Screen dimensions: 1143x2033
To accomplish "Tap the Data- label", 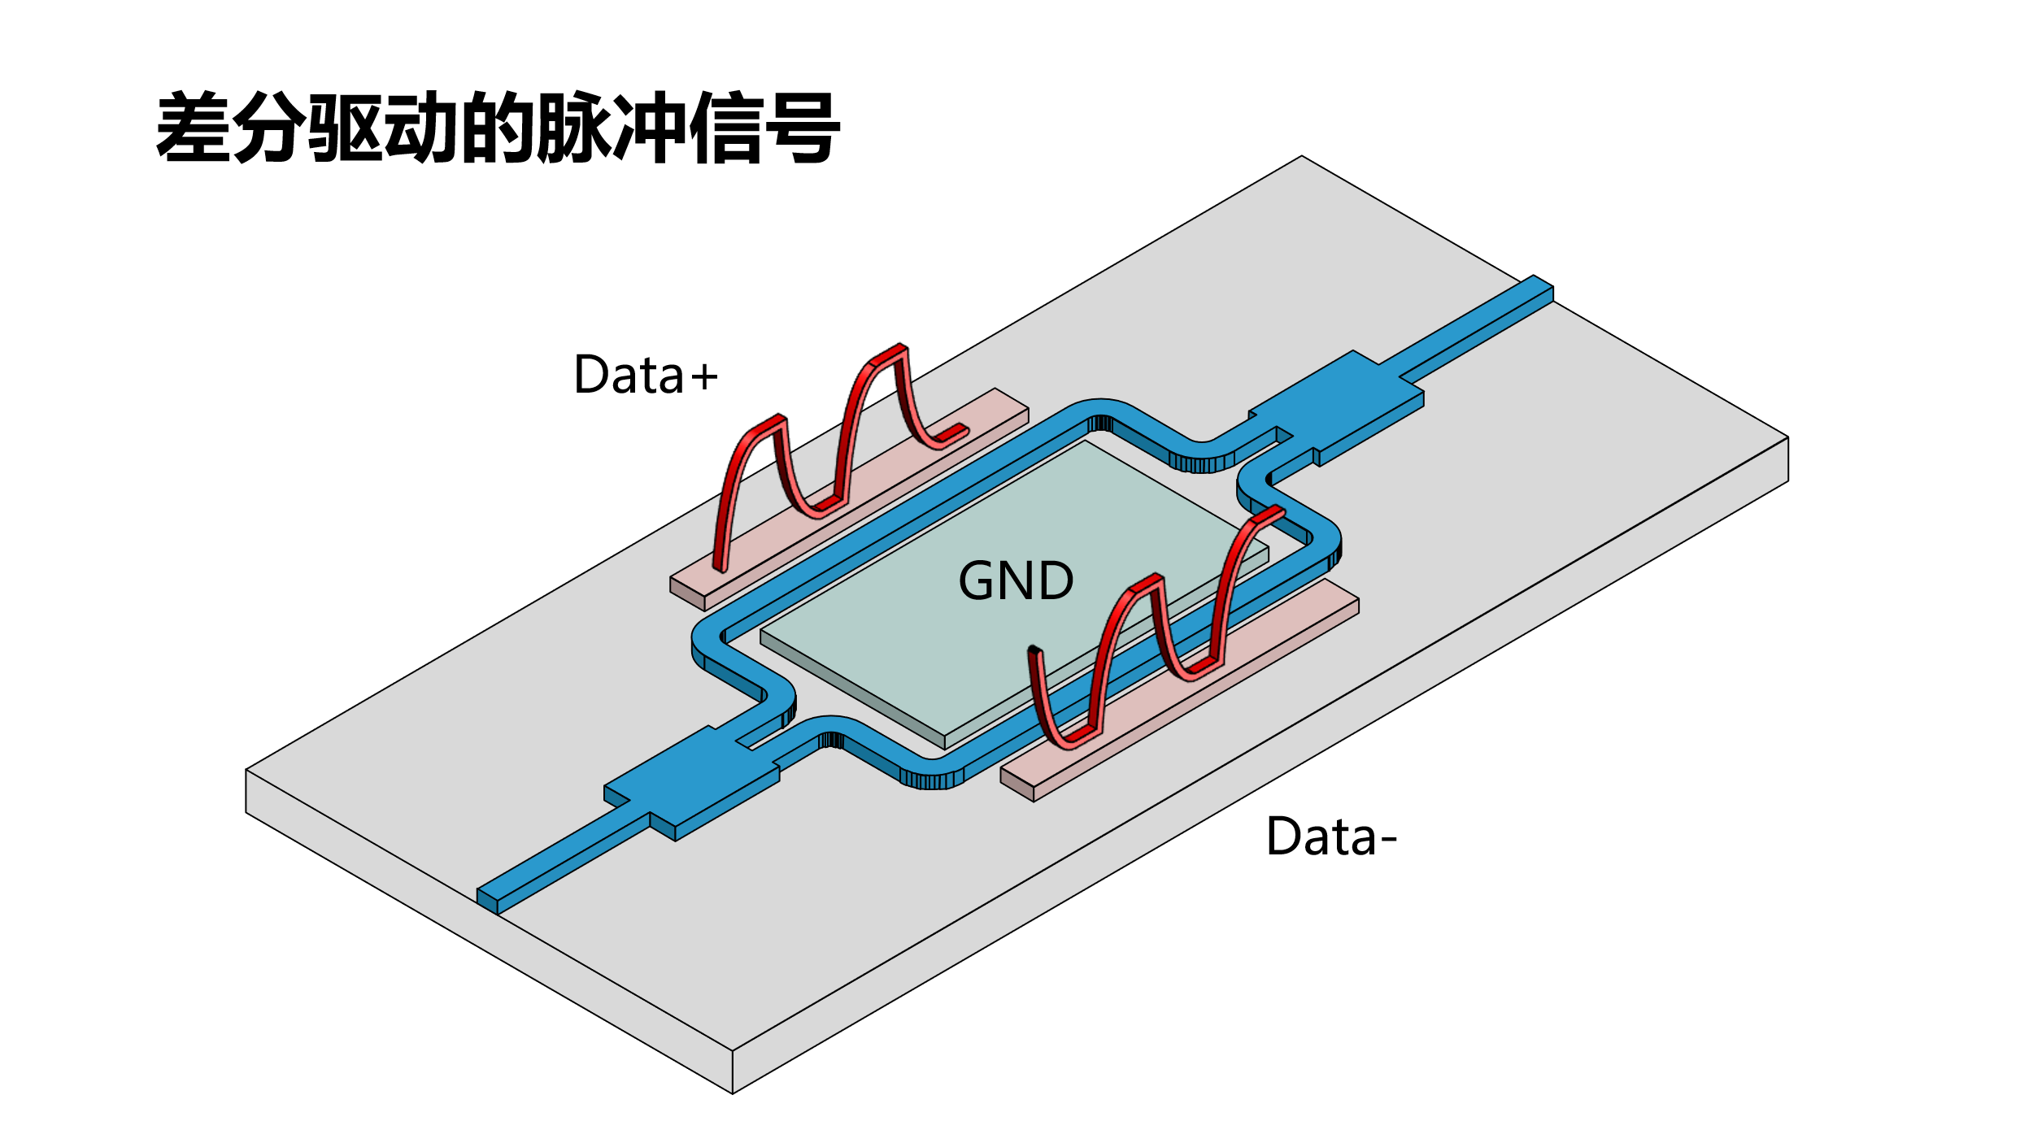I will coord(1331,837).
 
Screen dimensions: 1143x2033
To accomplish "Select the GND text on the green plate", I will coord(1016,580).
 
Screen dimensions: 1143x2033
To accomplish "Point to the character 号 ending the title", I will coord(801,128).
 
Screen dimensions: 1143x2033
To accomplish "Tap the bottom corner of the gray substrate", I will coord(733,1092).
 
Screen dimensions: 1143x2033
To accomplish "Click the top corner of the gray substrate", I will coord(1301,158).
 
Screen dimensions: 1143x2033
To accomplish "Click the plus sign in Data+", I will coord(704,377).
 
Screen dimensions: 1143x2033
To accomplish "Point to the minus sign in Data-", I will coord(1389,840).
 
